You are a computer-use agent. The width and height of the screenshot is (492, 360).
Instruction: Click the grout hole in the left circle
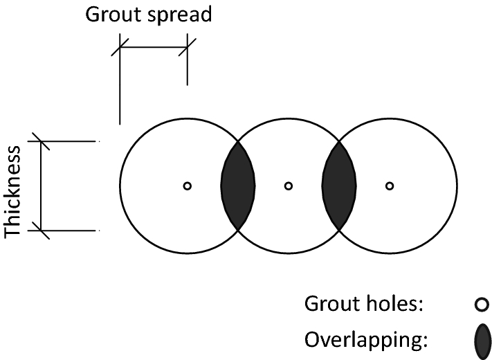(187, 186)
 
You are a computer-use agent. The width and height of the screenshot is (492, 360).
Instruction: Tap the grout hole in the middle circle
(289, 186)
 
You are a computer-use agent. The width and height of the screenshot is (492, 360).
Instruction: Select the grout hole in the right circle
(390, 186)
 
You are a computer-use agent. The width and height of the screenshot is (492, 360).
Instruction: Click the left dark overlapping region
(238, 186)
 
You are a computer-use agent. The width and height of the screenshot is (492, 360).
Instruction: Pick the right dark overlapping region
(339, 186)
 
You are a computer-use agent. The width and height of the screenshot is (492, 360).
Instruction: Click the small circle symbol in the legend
(482, 304)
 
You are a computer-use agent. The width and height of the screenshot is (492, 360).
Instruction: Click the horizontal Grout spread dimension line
(154, 48)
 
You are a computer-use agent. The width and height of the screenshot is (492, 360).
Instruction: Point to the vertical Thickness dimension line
(42, 186)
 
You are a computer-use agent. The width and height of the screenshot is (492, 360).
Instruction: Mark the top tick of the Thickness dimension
(42, 142)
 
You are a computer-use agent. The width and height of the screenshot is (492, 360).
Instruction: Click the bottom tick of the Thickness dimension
(42, 230)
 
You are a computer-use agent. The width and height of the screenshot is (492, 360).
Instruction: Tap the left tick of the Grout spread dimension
(120, 48)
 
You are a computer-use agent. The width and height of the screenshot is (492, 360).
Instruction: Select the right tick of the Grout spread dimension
(188, 48)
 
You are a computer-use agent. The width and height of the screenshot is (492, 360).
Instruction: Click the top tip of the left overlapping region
(238, 143)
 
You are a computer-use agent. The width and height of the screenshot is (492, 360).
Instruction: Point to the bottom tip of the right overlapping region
(339, 229)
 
